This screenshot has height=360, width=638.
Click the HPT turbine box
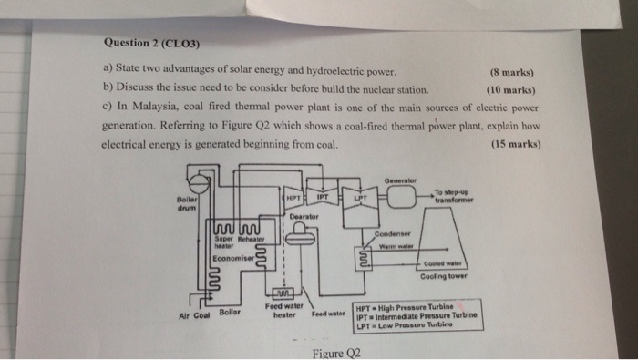tap(293, 198)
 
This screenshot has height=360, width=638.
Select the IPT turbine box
tap(323, 197)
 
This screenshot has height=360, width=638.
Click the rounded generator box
tap(401, 197)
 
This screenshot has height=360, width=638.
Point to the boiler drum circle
tap(199, 184)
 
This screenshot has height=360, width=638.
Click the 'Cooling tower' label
tap(444, 276)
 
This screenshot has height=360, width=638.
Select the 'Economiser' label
tap(233, 258)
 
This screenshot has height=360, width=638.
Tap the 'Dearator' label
tap(304, 216)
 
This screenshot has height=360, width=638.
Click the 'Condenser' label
tap(392, 234)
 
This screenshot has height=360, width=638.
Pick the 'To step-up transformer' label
tap(454, 196)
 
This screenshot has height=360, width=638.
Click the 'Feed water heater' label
tap(284, 311)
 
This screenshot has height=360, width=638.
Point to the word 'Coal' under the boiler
tap(201, 315)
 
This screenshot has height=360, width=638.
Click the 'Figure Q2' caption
tap(336, 353)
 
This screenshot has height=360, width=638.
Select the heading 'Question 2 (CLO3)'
tap(152, 43)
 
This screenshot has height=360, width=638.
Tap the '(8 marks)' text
tap(512, 72)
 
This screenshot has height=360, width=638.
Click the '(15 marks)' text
tap(516, 144)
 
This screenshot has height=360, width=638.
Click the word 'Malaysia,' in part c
tap(156, 107)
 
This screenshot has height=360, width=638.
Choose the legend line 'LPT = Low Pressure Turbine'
tap(405, 325)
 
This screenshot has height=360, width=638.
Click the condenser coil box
tap(364, 258)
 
